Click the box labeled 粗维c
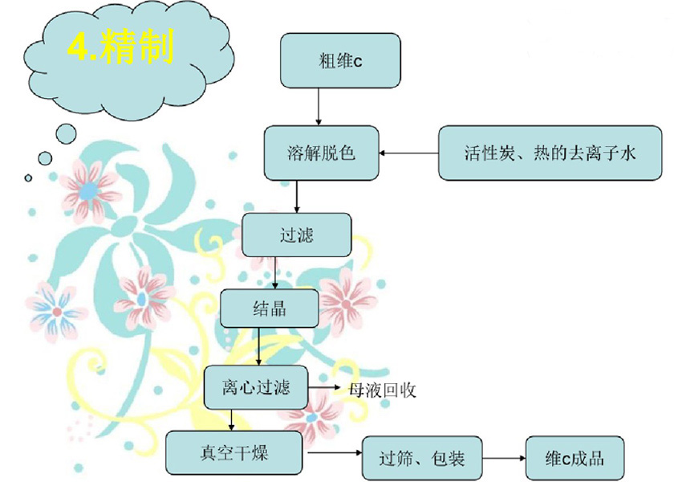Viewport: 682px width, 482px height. pos(339,60)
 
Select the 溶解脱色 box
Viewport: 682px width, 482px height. pos(321,153)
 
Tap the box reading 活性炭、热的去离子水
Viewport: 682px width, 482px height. pos(550,153)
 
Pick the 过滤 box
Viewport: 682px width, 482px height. pos(297,235)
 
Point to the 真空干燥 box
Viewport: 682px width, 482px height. pos(234,452)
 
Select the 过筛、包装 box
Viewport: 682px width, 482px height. pos(421,459)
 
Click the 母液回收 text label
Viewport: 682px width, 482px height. pos(382,390)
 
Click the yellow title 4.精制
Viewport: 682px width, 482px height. pos(120,48)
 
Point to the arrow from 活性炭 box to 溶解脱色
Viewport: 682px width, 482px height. pos(408,153)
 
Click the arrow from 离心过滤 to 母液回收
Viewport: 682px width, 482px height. pos(326,387)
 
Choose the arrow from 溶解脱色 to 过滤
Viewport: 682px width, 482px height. pos(297,196)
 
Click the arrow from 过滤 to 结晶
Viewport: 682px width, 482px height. pos(277,273)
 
